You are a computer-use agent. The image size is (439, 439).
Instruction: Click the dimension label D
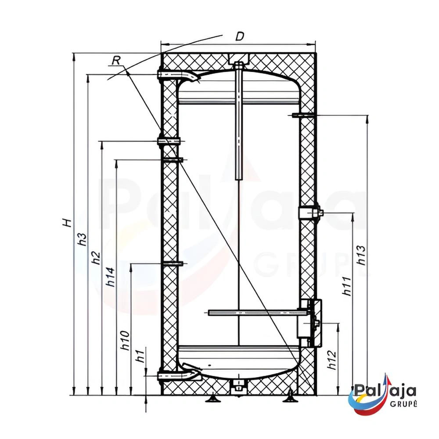point(240,36)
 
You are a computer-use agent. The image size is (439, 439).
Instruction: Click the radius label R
point(116,60)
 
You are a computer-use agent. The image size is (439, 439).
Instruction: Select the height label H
point(67,223)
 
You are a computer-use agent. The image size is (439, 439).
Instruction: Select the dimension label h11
point(347,286)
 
